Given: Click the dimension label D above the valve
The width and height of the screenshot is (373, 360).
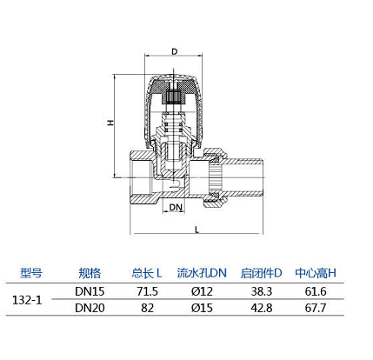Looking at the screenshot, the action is (174, 51).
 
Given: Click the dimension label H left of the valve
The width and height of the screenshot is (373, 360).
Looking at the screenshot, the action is (110, 123).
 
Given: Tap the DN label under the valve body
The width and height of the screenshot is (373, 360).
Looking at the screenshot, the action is (176, 207).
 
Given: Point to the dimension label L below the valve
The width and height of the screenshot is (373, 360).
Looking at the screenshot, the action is (197, 230).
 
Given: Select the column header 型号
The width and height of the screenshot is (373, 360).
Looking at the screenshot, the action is (31, 273).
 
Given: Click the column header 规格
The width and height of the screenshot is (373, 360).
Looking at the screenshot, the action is (90, 273).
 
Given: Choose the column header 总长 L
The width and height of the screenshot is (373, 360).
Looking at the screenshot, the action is (147, 273).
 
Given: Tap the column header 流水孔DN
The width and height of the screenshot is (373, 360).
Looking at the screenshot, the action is (202, 273).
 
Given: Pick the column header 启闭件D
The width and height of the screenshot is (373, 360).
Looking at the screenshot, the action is (261, 273).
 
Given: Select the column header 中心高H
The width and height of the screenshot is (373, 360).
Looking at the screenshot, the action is (316, 273).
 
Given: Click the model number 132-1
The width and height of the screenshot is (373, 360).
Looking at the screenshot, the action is (27, 300).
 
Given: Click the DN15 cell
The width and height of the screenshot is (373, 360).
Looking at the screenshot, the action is (90, 291).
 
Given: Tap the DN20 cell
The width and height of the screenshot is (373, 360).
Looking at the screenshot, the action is (90, 308).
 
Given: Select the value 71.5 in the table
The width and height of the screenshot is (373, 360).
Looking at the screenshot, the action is (147, 291).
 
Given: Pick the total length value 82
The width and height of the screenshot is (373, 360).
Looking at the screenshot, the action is (147, 308).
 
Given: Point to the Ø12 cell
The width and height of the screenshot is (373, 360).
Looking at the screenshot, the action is (202, 291).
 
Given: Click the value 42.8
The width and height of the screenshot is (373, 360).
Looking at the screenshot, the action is (262, 308).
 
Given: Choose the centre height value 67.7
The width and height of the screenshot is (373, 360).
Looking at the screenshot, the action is (316, 308).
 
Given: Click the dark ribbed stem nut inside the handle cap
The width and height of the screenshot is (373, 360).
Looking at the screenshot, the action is (174, 97).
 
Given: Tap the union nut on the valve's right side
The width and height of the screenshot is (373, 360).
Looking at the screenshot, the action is (215, 177).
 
